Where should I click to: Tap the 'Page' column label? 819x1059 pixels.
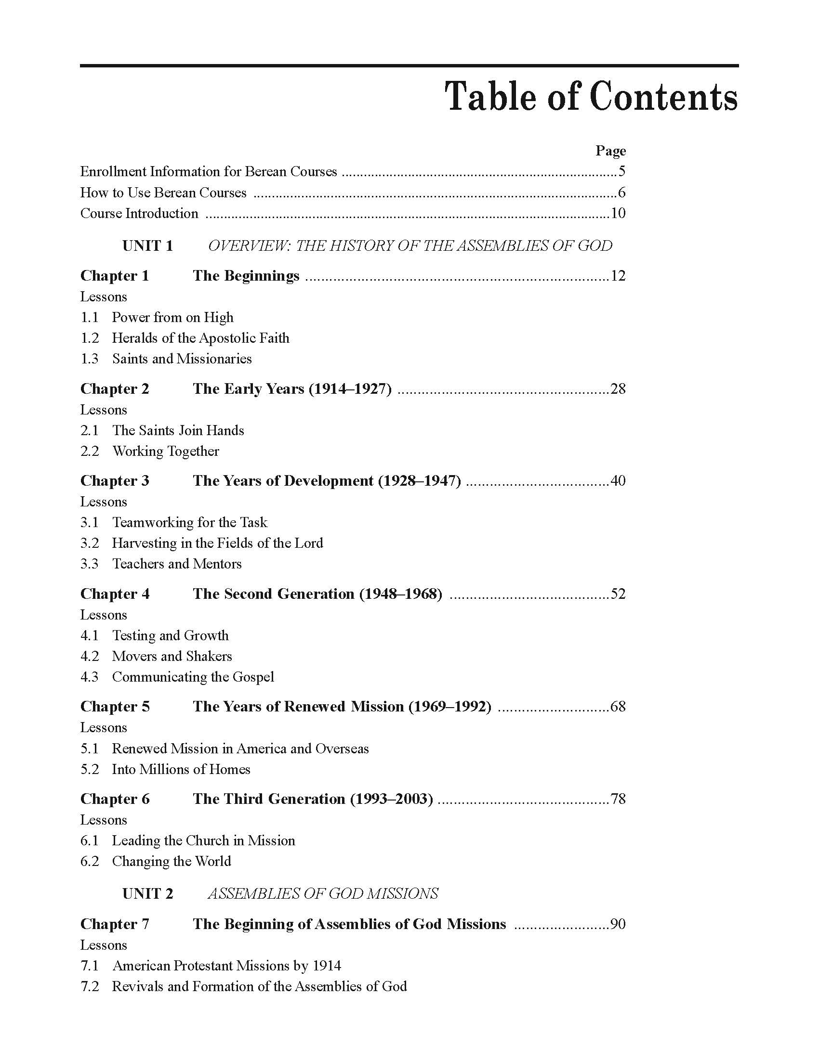pyautogui.click(x=610, y=151)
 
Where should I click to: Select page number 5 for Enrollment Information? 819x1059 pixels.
pyautogui.click(x=621, y=172)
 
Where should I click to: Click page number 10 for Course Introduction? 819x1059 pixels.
pyautogui.click(x=618, y=213)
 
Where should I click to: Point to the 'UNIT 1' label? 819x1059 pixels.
pyautogui.click(x=147, y=246)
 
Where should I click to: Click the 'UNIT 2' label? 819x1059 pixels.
pyautogui.click(x=147, y=894)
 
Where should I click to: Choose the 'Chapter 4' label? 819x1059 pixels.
pyautogui.click(x=115, y=594)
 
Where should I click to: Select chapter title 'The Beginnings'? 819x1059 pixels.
pyautogui.click(x=246, y=276)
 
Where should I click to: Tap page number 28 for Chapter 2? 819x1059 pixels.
pyautogui.click(x=618, y=389)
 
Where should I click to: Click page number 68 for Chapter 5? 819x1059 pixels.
pyautogui.click(x=618, y=707)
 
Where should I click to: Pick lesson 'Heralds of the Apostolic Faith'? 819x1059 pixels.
pyautogui.click(x=200, y=338)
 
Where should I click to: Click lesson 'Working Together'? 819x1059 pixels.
pyautogui.click(x=165, y=452)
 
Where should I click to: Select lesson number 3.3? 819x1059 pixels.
pyautogui.click(x=89, y=564)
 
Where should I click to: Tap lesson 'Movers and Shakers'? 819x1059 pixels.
pyautogui.click(x=172, y=656)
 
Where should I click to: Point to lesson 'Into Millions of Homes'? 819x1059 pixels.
pyautogui.click(x=181, y=770)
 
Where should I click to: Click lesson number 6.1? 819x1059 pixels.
pyautogui.click(x=89, y=840)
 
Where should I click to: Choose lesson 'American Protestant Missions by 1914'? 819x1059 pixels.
pyautogui.click(x=226, y=966)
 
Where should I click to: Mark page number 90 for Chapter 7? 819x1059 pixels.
pyautogui.click(x=618, y=924)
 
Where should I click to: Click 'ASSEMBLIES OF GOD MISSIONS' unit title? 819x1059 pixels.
pyautogui.click(x=323, y=894)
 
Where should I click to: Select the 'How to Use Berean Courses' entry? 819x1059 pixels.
pyautogui.click(x=163, y=193)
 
